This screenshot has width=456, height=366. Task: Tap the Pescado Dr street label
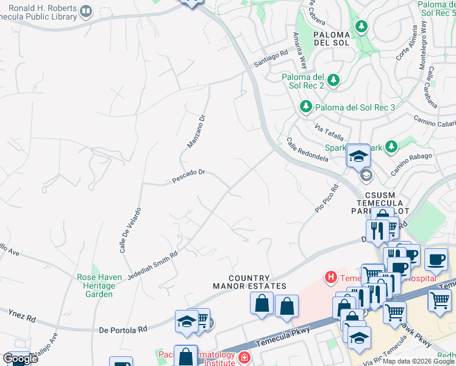pos(188,176)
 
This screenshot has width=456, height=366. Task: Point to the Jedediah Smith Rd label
pos(153,264)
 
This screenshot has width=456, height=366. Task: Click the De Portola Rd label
pos(123,329)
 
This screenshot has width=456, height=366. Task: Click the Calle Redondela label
pos(307,149)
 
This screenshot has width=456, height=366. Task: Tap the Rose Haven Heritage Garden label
pos(95,285)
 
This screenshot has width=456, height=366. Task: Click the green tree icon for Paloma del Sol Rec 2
pos(333,79)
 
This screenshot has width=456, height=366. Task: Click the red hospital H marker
pos(331,278)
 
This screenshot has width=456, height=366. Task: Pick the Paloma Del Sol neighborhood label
pos(331,38)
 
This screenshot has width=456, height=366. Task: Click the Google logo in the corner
pos(20,359)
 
